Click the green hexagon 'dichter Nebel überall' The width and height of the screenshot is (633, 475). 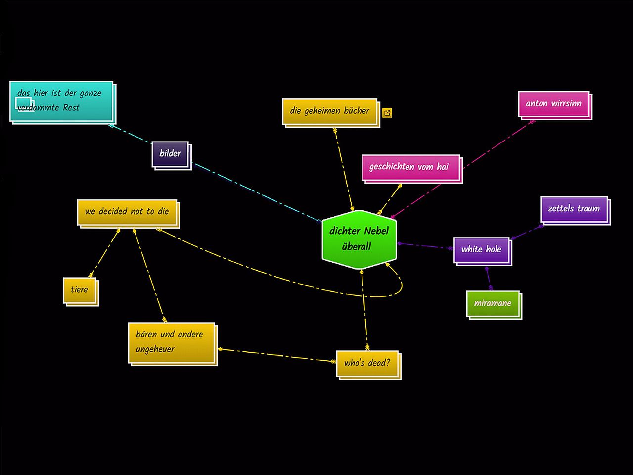tap(359, 240)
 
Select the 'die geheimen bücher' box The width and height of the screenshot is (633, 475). tap(330, 111)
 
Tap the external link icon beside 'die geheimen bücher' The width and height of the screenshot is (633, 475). tap(387, 113)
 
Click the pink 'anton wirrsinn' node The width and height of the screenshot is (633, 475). tap(554, 104)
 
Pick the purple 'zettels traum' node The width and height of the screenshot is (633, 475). tap(574, 209)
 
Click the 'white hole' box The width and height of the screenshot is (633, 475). tap(481, 250)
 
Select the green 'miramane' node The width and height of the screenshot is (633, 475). tap(493, 303)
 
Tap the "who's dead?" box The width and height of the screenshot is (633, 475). tap(367, 364)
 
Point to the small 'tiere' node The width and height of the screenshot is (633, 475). tap(80, 290)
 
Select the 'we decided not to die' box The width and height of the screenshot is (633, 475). tap(127, 212)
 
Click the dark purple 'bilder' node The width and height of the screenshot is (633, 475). tap(170, 154)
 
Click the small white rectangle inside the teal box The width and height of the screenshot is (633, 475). tap(23, 103)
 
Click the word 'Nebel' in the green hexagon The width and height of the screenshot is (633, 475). tap(376, 231)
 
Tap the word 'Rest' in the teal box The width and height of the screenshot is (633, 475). tap(71, 108)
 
